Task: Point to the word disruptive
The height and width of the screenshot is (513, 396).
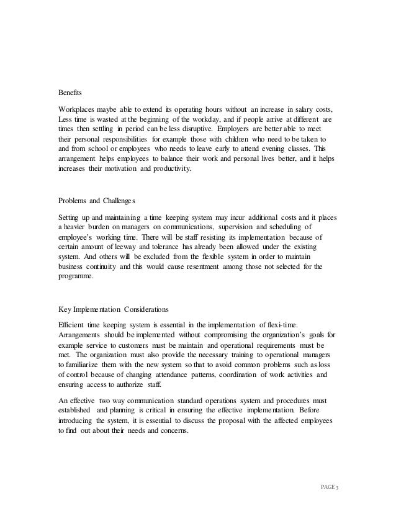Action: click(x=192, y=129)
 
